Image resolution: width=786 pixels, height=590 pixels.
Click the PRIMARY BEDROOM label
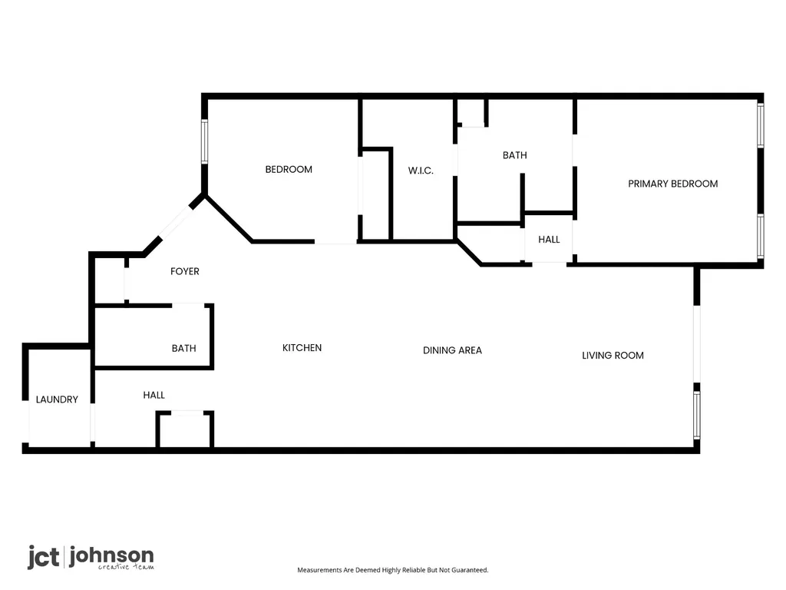[x=672, y=184]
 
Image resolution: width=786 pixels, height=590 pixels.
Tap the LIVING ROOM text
[x=613, y=355]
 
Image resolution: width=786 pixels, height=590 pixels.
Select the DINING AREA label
[x=452, y=350]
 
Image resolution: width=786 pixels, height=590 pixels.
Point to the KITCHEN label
[x=302, y=348]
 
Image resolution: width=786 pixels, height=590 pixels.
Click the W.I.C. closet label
[x=421, y=171]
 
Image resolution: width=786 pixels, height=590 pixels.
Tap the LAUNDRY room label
[x=57, y=399]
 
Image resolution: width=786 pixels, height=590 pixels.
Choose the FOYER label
[x=184, y=271]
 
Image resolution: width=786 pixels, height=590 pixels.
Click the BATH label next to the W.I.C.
[x=515, y=155]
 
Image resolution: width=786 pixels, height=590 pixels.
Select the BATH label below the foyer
[x=183, y=348]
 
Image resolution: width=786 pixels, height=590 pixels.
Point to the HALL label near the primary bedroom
[x=549, y=240]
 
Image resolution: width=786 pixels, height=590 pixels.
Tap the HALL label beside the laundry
[x=154, y=395]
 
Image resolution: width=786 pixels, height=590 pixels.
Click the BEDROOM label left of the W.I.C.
[x=289, y=170]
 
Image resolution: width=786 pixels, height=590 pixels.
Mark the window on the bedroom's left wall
[x=204, y=141]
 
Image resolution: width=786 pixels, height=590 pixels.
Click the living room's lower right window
[x=697, y=414]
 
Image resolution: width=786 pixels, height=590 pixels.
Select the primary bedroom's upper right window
[x=761, y=125]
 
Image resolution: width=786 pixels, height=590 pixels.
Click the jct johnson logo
[x=91, y=558]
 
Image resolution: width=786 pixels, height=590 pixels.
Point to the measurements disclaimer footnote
[x=392, y=570]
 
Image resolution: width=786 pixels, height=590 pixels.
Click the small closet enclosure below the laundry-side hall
[x=185, y=429]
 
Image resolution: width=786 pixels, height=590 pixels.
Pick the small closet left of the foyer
[x=109, y=280]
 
